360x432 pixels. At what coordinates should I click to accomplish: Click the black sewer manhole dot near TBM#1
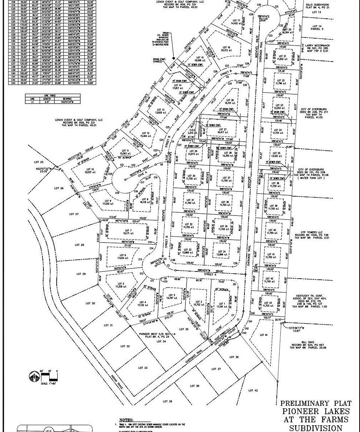[x=173, y=58]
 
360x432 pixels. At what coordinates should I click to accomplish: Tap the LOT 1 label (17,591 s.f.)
[x=222, y=304]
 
